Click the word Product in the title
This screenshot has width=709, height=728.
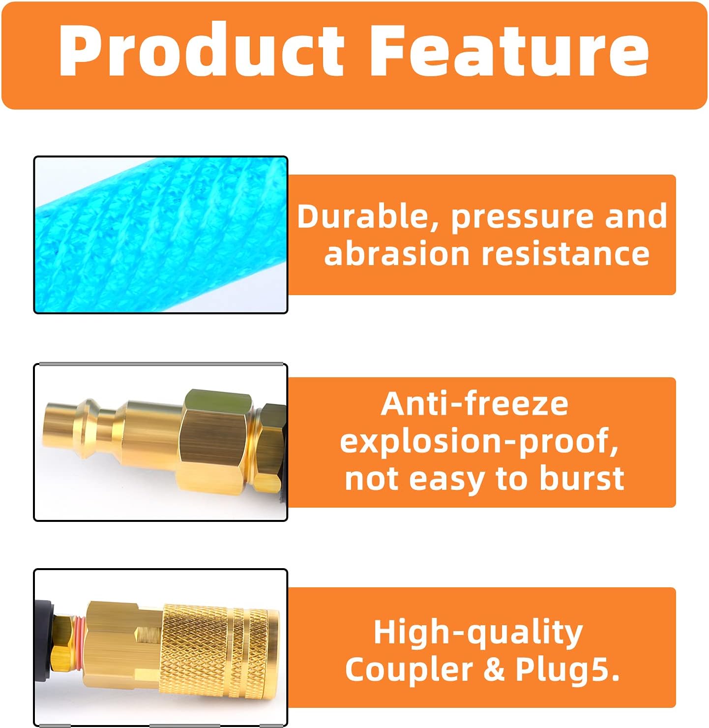tap(202, 50)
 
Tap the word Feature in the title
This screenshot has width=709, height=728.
tap(509, 50)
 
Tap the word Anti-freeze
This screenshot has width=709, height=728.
tap(474, 404)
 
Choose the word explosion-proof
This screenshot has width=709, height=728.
tap(479, 442)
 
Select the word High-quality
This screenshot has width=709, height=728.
tap(478, 633)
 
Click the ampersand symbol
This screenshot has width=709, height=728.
tap(494, 669)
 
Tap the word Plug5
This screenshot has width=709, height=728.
tap(567, 670)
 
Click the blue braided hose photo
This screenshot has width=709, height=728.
tap(160, 235)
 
